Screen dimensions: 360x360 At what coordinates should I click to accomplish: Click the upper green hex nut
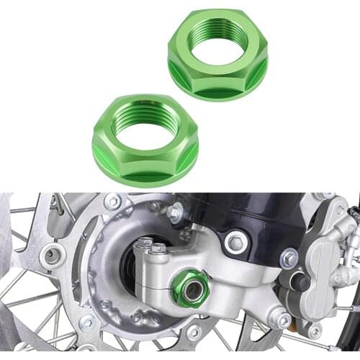click(x=217, y=54)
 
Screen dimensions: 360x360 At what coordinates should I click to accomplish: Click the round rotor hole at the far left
click(x=53, y=253)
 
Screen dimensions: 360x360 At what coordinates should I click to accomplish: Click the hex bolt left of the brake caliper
click(x=289, y=257)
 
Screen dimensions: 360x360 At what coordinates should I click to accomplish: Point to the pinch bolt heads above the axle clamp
click(x=152, y=246)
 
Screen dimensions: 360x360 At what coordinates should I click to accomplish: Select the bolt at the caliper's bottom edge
click(x=314, y=330)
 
